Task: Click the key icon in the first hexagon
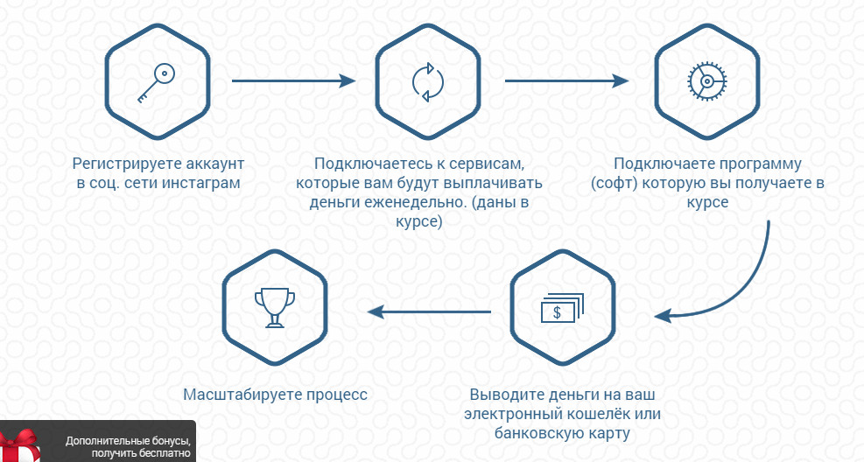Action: click(157, 83)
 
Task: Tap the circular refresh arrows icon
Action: click(427, 82)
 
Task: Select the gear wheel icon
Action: click(707, 81)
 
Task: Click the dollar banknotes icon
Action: click(562, 307)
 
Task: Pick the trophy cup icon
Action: click(274, 308)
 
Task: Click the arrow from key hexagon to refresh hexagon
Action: click(294, 81)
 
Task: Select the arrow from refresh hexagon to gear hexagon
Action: click(566, 81)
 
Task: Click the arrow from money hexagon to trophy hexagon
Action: click(429, 312)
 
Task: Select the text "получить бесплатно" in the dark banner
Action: click(141, 454)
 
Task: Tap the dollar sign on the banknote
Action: click(557, 312)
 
